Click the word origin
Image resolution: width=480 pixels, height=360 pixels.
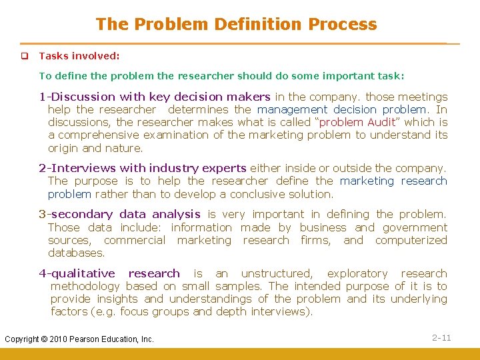(x=63, y=148)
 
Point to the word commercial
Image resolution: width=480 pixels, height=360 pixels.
(x=135, y=240)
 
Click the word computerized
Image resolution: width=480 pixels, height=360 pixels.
(x=411, y=240)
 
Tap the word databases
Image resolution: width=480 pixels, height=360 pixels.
(x=76, y=253)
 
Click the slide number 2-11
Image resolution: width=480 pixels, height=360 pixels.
(x=441, y=338)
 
